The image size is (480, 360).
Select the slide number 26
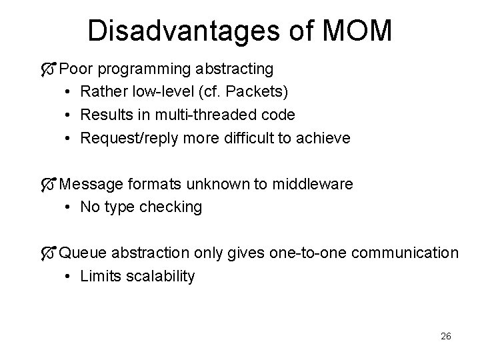(445, 337)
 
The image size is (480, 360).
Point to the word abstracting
(235, 69)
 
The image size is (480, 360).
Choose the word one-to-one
(311, 253)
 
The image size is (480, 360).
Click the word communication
(405, 253)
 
